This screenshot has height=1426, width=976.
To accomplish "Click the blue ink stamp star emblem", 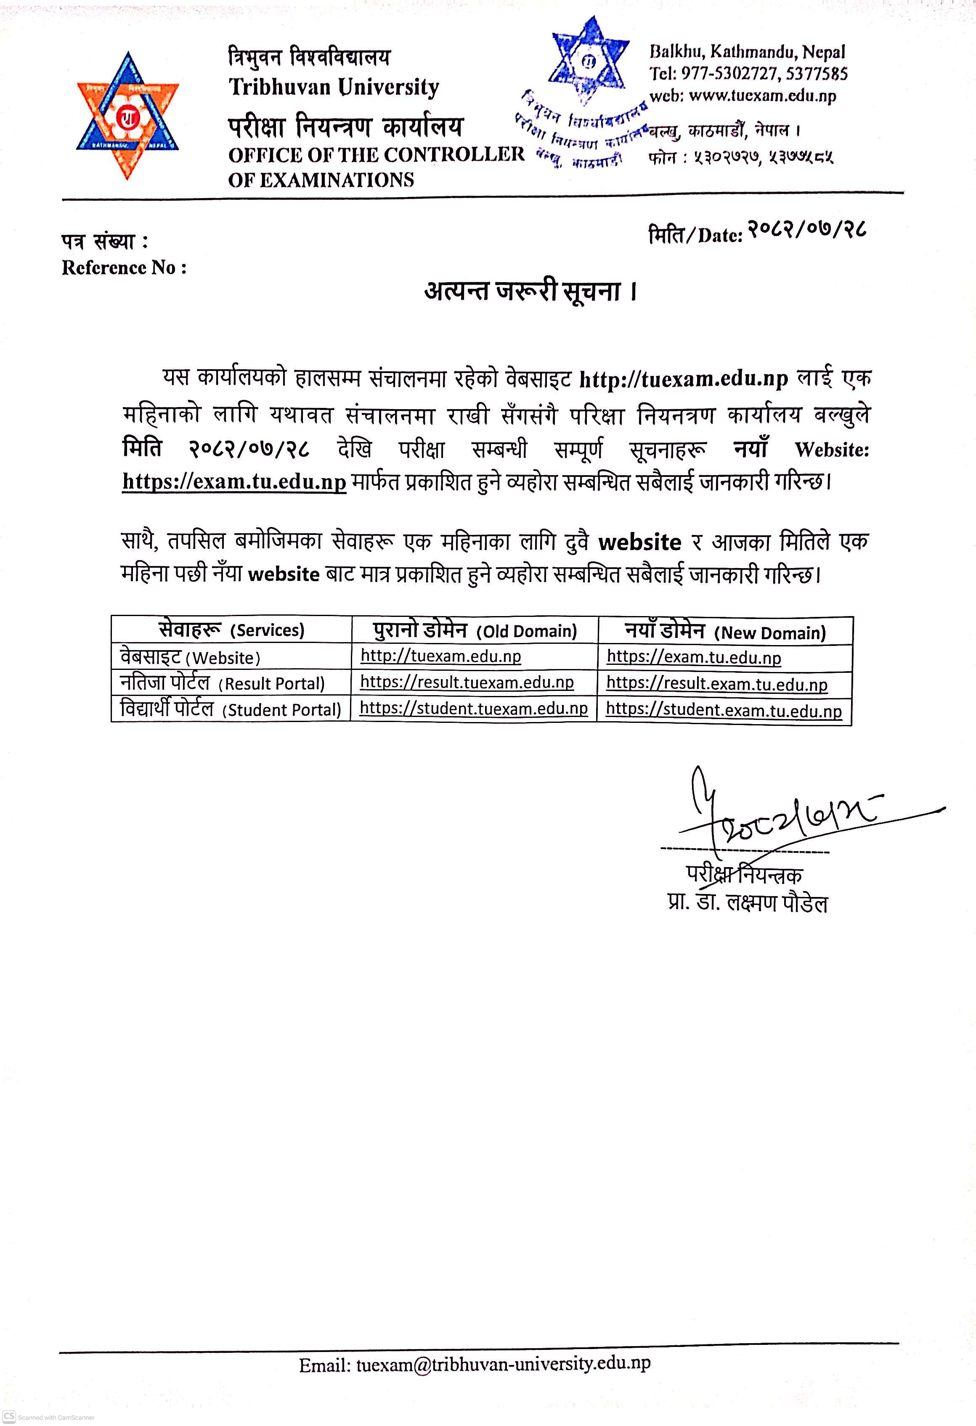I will coord(589,60).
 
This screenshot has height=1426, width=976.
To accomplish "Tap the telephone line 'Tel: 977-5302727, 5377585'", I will coord(748,74).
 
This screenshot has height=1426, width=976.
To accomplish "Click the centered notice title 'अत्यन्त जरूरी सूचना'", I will coord(530,291).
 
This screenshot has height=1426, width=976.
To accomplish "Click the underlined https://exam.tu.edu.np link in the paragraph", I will coord(234,481).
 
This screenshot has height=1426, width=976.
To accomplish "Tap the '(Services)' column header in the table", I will coord(267,630).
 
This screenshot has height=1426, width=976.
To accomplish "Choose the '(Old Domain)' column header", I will coord(527,631).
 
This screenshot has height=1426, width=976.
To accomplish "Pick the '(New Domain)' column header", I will coord(770,632).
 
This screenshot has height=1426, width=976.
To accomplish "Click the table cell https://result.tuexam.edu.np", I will coord(467,683).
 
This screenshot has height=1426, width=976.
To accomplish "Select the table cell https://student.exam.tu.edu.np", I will coord(724,711).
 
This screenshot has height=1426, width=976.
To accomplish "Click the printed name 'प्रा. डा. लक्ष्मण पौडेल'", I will coord(747,903).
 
